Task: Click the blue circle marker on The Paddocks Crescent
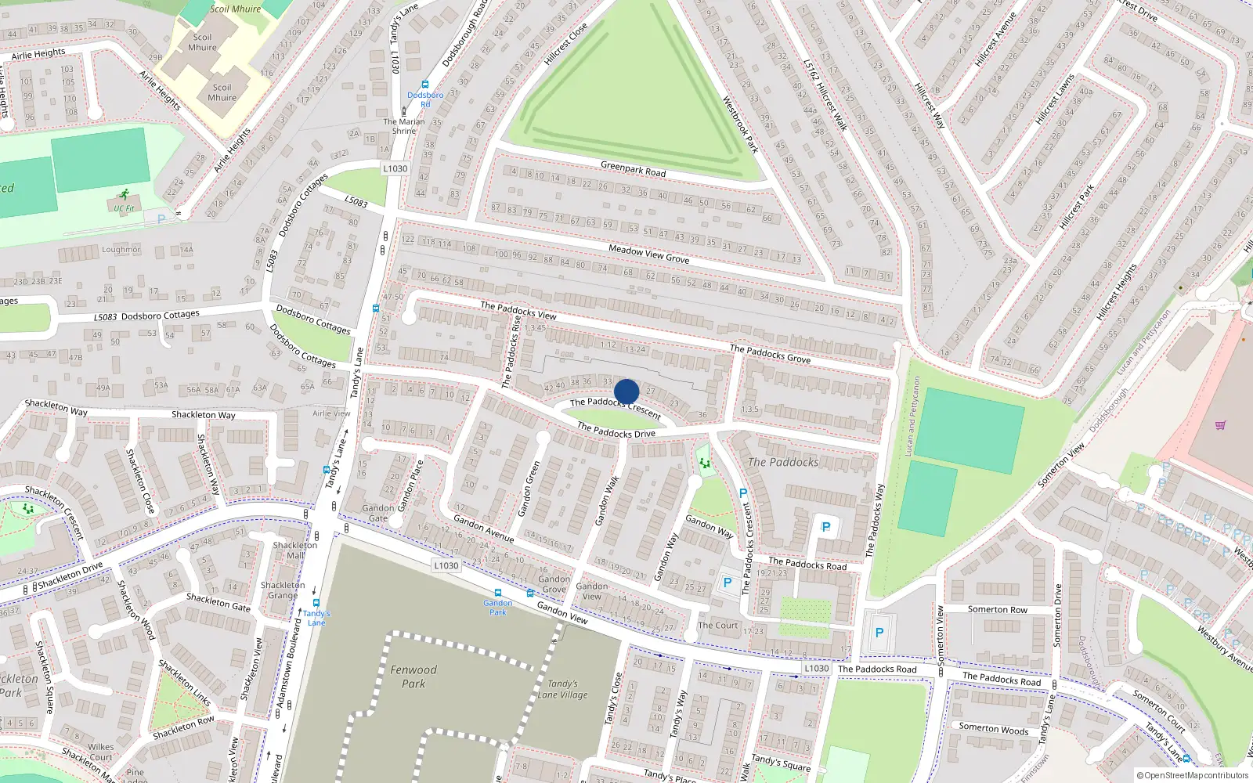pos(626,391)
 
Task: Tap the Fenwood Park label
pos(413,677)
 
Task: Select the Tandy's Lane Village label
pos(562,689)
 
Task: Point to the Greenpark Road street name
pos(633,168)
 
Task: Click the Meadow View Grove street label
pos(649,254)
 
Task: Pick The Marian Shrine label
pos(404,126)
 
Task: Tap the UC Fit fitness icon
pos(124,194)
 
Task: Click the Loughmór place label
pos(121,250)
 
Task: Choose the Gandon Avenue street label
pos(484,529)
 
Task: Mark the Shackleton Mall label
pos(295,550)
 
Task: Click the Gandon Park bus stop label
pos(498,607)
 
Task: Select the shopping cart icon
pos(1220,425)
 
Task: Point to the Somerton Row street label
pos(997,609)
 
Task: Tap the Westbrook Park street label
pos(740,124)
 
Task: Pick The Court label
pos(718,625)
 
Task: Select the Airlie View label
pos(331,413)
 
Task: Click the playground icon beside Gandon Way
pos(705,464)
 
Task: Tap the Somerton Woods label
pos(994,728)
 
